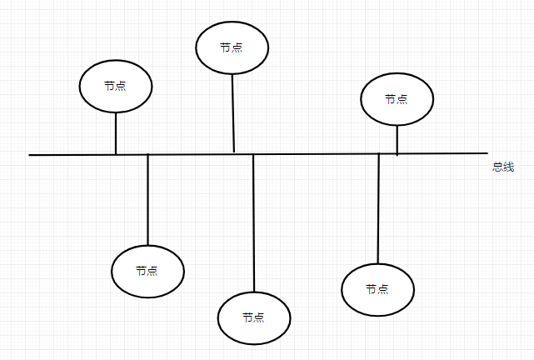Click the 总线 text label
(x=502, y=167)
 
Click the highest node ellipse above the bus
(x=232, y=47)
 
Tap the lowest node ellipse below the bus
(x=253, y=317)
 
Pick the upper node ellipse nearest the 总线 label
(x=397, y=98)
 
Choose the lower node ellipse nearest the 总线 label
(x=377, y=289)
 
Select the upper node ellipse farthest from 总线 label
(x=116, y=86)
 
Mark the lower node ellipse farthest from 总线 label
(x=147, y=271)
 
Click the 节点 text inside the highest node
(x=232, y=47)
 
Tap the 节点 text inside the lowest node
(x=253, y=317)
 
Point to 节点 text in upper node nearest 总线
(x=397, y=98)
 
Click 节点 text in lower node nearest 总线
(x=377, y=289)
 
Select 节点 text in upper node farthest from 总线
(x=116, y=86)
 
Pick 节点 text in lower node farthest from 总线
(x=147, y=271)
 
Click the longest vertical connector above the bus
(x=232, y=112)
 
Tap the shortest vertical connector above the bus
(x=397, y=140)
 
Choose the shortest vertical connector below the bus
(x=147, y=200)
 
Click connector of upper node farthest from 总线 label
(x=116, y=133)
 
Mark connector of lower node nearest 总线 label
(x=378, y=208)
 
